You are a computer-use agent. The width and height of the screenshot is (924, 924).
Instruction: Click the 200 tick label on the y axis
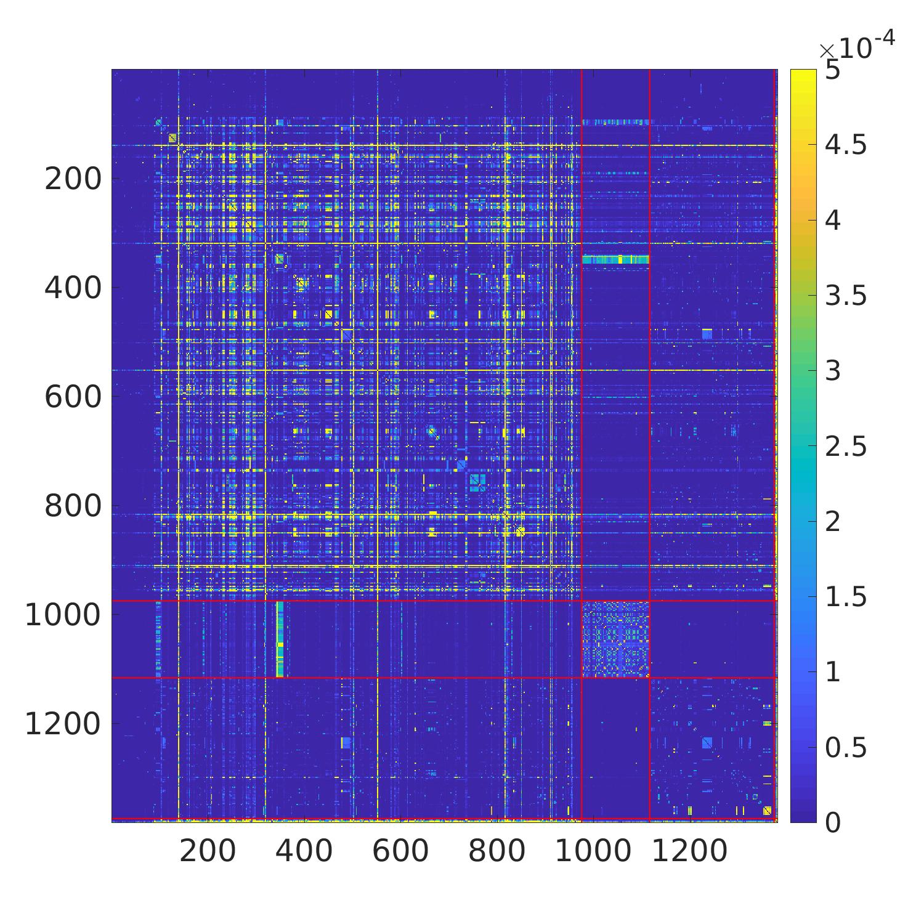tap(73, 179)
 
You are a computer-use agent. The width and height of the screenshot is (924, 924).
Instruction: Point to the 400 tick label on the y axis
tap(73, 288)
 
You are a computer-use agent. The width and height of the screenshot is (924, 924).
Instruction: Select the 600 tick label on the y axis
tap(73, 397)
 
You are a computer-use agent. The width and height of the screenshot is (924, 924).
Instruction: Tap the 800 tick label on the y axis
tap(73, 506)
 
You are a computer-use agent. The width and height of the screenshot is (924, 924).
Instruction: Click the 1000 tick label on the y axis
tap(62, 615)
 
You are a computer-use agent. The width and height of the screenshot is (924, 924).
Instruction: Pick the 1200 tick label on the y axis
tap(62, 724)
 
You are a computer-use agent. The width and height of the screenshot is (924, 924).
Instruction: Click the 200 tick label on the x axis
tap(208, 851)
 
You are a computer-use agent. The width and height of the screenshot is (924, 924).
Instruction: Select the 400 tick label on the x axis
tap(304, 851)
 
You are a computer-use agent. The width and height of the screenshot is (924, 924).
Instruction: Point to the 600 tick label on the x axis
tap(400, 851)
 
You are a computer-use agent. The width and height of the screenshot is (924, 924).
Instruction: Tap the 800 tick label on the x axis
tap(496, 851)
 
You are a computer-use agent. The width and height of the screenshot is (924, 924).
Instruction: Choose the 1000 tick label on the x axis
tap(593, 851)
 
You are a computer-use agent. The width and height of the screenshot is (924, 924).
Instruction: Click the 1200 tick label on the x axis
tap(689, 851)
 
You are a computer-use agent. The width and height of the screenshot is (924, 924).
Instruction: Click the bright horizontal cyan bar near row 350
tap(615, 260)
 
